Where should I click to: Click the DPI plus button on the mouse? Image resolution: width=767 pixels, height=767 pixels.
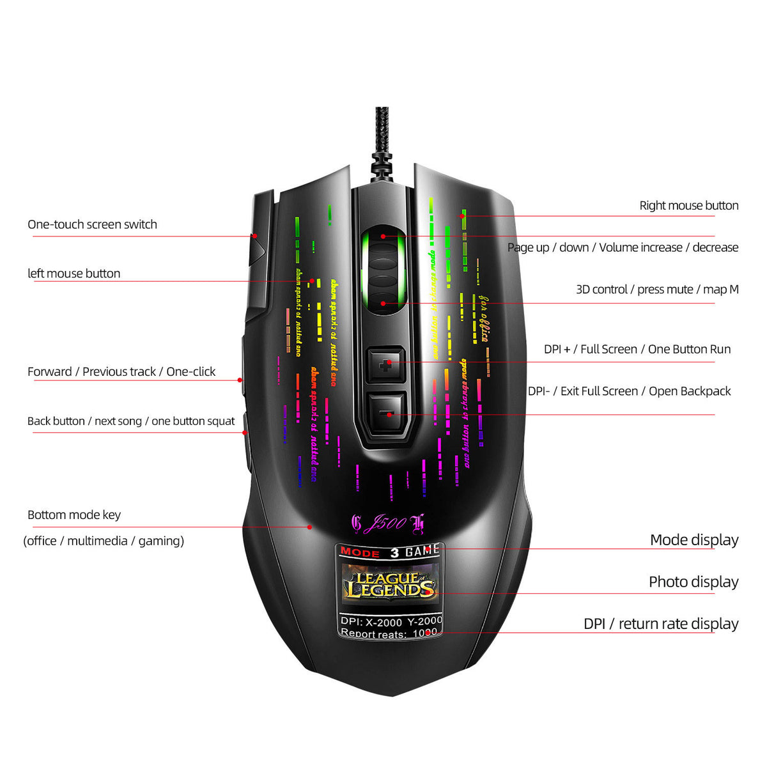tap(386, 365)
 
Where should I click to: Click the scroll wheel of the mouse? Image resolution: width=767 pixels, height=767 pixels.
tap(383, 268)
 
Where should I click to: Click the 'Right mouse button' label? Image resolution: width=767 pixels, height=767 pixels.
tap(688, 206)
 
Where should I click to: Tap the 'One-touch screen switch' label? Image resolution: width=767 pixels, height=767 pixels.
tap(92, 224)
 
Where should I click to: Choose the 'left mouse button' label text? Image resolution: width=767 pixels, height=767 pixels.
tap(74, 274)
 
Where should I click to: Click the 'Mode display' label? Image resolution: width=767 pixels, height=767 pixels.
tap(693, 540)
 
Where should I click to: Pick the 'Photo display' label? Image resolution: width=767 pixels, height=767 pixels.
tap(693, 582)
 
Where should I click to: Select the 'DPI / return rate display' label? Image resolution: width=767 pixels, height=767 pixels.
tap(660, 624)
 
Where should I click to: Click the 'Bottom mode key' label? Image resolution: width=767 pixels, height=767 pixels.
tap(74, 515)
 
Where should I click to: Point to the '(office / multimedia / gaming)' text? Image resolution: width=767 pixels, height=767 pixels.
tap(104, 541)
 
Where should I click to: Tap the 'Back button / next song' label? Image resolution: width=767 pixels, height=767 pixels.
tap(131, 421)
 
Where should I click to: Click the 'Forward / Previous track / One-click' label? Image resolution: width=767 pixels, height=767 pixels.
tap(121, 372)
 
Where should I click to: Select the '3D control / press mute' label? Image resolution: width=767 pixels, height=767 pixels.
tap(656, 290)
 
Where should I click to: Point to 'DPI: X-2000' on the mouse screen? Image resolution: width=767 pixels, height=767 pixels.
tap(371, 621)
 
